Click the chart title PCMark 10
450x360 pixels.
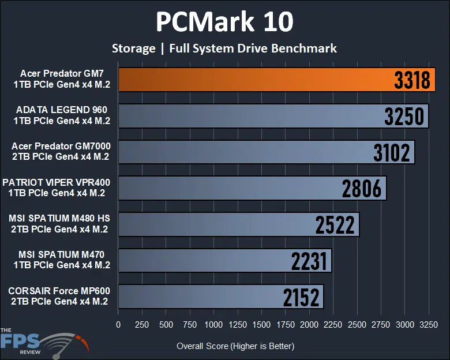coord(224,22)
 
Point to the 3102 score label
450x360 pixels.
coord(391,153)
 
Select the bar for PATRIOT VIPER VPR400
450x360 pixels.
coord(231,189)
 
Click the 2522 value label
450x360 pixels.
coord(335,225)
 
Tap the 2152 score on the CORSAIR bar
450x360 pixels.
coord(301,297)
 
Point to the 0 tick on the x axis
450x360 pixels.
coord(118,325)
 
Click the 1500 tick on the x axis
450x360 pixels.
coord(261,325)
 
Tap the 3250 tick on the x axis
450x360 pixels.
coord(428,325)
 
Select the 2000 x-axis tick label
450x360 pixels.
coord(309,325)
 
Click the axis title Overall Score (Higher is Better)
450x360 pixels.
coord(235,346)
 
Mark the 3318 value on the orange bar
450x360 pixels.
coord(412,81)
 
